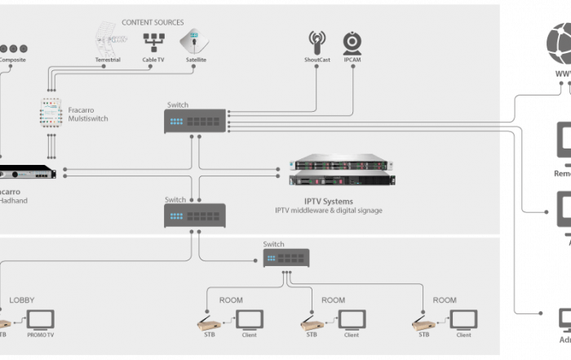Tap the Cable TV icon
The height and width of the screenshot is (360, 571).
tap(153, 41)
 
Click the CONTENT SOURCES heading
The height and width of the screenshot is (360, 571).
tap(153, 22)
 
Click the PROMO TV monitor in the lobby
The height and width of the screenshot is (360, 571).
tap(40, 320)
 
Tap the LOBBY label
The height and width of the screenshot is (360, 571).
tap(22, 300)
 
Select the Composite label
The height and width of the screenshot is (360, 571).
tap(11, 60)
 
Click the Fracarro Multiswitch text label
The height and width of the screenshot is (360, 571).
tap(89, 113)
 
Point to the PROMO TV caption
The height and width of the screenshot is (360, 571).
tap(40, 336)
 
